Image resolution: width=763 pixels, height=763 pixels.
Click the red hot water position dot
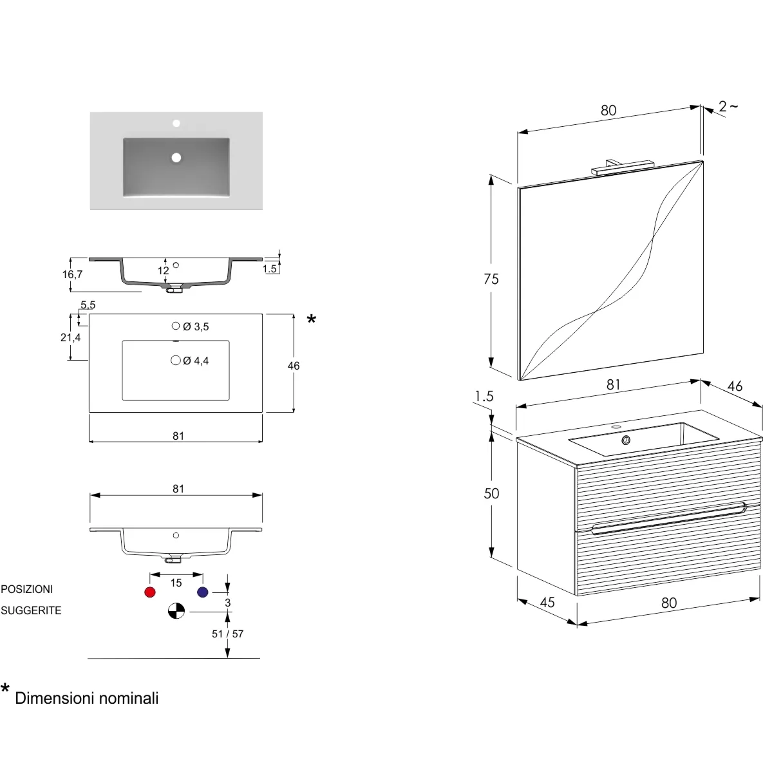[x=150, y=592]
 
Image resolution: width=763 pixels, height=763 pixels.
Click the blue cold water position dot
[x=202, y=592]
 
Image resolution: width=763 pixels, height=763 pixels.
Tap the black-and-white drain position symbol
[x=176, y=610]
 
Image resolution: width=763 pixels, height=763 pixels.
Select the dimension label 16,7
[x=73, y=274]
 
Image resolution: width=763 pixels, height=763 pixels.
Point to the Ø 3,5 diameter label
[x=196, y=326]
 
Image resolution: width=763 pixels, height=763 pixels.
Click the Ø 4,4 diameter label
[x=196, y=361]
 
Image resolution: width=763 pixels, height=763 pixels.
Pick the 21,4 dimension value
[x=71, y=337]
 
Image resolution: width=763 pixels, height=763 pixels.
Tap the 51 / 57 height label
[x=228, y=634]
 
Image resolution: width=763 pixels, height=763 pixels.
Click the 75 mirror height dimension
[x=491, y=279]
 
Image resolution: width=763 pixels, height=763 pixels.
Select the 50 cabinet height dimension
[x=491, y=493]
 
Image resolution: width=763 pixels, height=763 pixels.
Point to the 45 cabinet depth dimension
[x=547, y=603]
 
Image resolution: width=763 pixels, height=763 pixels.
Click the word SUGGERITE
[x=31, y=610]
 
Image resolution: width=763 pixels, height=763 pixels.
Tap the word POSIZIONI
[x=27, y=589]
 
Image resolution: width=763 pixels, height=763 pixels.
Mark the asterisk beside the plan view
[x=312, y=319]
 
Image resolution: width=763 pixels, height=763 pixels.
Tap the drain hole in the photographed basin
[x=176, y=157]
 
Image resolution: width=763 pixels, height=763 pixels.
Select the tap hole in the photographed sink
[x=176, y=123]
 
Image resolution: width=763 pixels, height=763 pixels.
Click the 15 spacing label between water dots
[x=176, y=583]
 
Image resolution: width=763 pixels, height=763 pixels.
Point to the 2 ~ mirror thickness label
[x=728, y=106]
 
